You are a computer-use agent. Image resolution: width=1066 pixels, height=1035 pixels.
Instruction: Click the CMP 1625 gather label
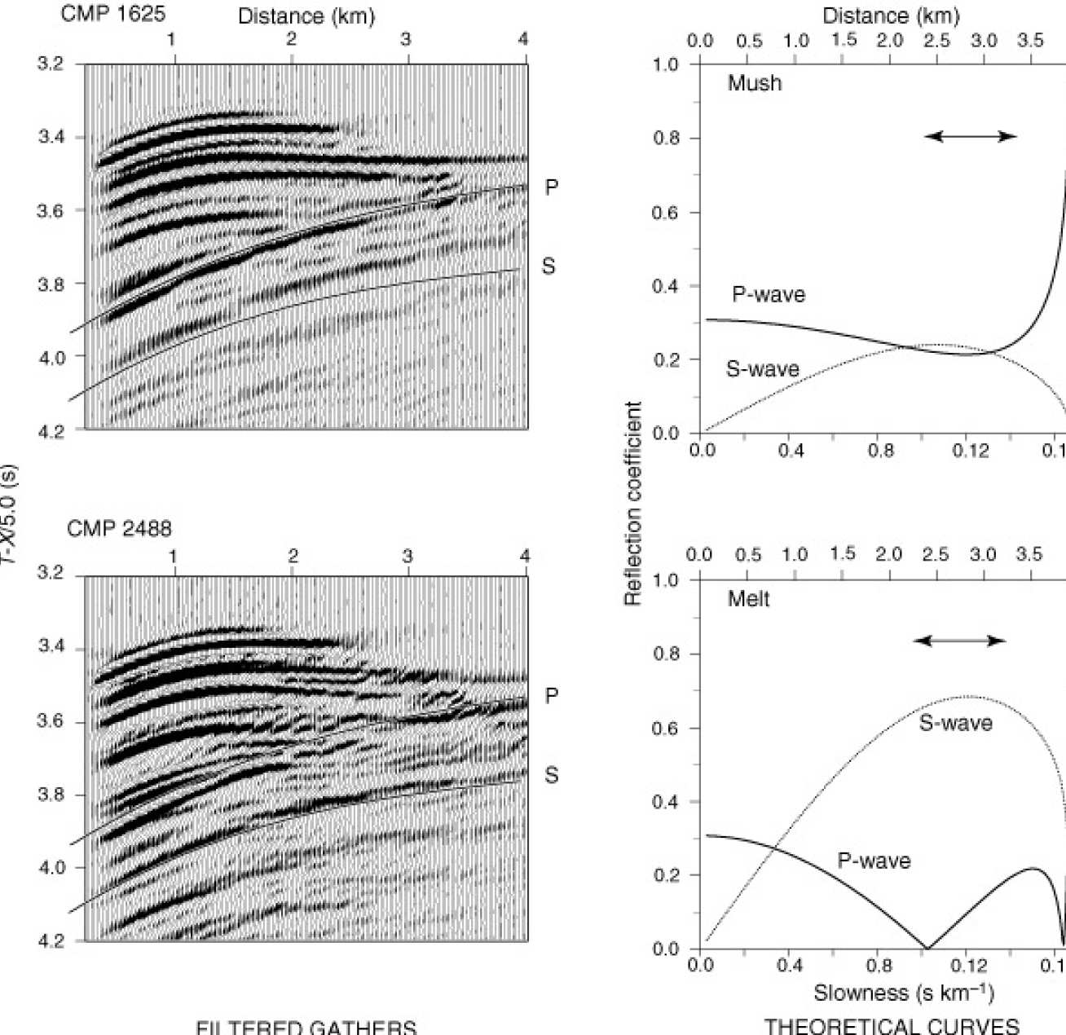point(112,14)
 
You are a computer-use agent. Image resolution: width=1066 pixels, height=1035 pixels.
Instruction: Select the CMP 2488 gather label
point(119,529)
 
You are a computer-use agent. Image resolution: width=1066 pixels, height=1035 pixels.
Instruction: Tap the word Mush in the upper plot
point(755,83)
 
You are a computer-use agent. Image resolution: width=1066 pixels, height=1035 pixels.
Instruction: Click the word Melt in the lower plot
point(748,599)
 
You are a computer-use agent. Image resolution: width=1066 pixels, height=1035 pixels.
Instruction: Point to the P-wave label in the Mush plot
point(768,294)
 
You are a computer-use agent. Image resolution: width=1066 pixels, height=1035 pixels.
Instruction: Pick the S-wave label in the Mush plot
point(762,369)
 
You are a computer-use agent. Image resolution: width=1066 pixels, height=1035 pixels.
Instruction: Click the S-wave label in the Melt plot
point(955,723)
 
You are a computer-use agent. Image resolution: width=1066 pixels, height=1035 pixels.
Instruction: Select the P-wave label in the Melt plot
point(874,861)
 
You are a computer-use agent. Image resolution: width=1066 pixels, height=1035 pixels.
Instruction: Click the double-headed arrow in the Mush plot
point(971,136)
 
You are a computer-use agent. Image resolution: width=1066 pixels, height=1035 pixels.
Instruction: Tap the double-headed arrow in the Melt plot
point(960,641)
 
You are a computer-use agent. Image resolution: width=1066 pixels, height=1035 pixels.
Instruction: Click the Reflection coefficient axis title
point(633,503)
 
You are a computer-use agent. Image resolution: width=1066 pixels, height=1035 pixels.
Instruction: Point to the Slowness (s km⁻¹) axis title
point(903,993)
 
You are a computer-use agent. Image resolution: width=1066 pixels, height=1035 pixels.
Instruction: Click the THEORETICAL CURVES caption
point(892,1026)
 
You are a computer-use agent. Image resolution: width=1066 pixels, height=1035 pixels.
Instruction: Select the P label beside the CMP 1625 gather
point(552,187)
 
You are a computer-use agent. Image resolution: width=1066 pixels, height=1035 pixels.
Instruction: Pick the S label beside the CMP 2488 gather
point(552,774)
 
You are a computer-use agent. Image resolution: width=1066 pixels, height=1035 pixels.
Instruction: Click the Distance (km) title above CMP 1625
point(306,16)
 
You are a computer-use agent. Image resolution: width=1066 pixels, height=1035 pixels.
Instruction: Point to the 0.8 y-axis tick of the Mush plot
point(667,139)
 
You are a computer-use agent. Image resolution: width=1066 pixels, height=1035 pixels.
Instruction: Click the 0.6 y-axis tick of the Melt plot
point(667,728)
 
